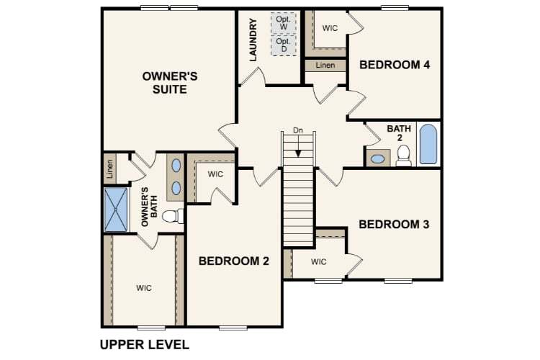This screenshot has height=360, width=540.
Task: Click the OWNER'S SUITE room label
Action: [x=165, y=82]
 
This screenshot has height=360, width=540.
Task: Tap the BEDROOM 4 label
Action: [x=395, y=65]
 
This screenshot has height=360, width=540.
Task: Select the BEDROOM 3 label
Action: [x=394, y=225]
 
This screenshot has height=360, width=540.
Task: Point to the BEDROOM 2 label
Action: [x=234, y=261]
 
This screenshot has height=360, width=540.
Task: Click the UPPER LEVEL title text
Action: [x=145, y=344]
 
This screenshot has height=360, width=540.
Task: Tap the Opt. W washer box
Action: [x=283, y=23]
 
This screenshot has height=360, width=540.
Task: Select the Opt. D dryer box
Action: [x=283, y=45]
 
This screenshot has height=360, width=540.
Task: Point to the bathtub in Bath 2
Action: [x=427, y=144]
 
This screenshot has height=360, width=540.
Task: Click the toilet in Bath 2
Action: [x=403, y=156]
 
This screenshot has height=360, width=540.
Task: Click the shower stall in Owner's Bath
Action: [x=115, y=209]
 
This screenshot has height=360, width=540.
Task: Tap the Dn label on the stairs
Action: [x=297, y=130]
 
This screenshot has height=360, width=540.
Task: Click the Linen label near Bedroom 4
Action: [x=325, y=66]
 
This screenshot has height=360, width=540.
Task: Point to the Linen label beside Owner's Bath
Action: [x=110, y=168]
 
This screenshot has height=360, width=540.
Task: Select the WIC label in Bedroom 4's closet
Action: [x=330, y=28]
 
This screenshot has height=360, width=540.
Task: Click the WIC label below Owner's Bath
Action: [x=144, y=288]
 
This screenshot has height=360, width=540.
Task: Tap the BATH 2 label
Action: [x=399, y=133]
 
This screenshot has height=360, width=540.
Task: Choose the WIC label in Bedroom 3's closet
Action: [x=319, y=261]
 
